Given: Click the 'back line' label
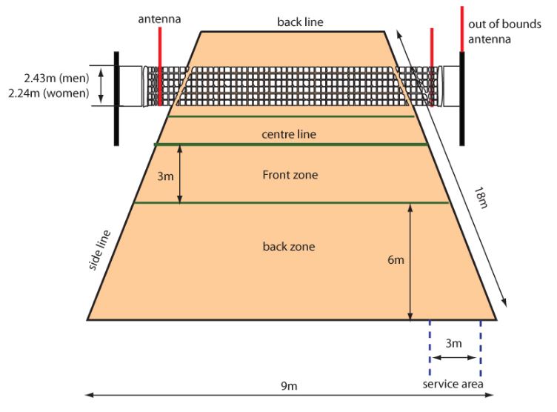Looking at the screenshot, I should tap(300, 21).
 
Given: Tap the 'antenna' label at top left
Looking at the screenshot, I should tap(159, 19).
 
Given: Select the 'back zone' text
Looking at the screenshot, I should tap(288, 246).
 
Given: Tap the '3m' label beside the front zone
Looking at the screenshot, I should tap(166, 176).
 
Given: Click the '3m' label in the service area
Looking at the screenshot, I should tap(454, 343).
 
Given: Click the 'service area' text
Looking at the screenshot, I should tap(453, 384).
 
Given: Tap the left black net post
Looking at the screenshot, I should tap(116, 98).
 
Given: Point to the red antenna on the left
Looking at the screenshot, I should tap(159, 67).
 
